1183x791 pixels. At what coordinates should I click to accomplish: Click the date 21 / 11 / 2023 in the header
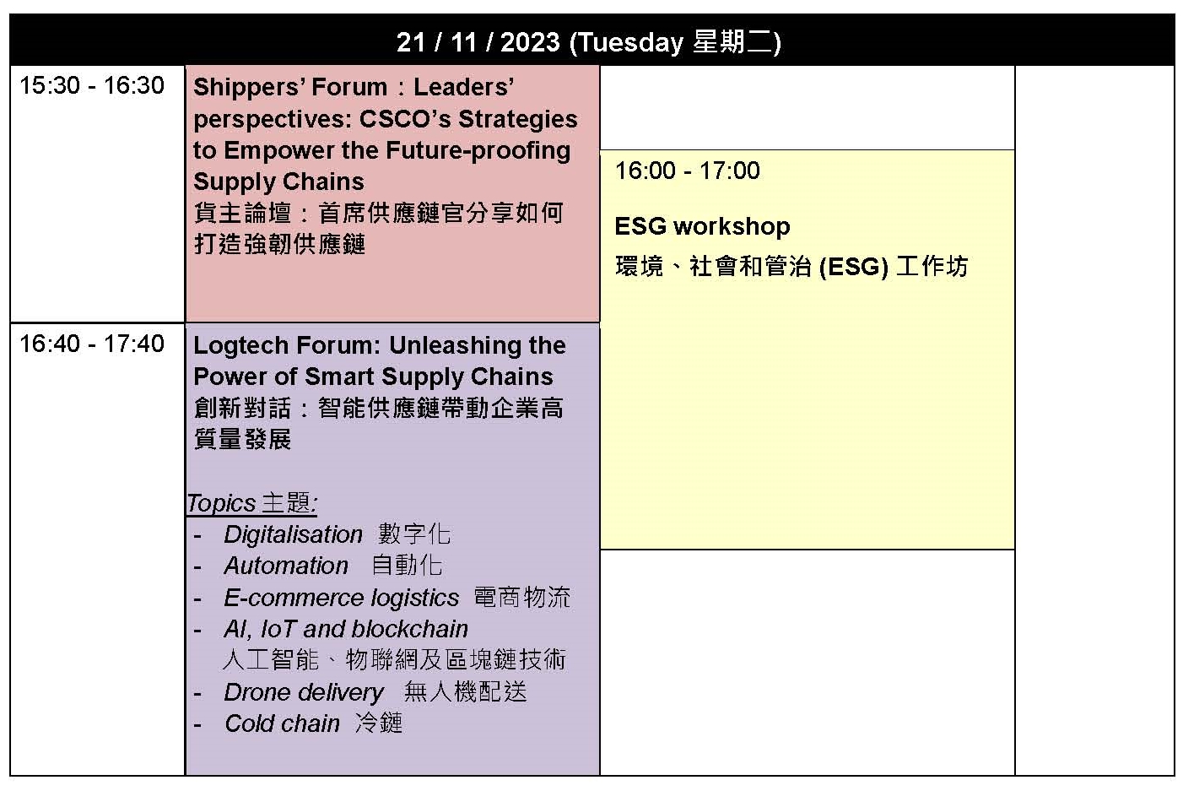478,42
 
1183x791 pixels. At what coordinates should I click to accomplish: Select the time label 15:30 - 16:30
92,85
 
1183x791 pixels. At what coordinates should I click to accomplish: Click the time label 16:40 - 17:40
92,344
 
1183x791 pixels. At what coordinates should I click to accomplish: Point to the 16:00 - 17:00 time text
687,171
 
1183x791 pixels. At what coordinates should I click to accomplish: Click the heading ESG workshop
702,227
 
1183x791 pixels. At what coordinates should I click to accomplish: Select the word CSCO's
405,119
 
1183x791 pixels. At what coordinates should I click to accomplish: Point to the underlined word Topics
221,504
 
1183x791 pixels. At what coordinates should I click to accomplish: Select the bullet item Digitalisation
293,535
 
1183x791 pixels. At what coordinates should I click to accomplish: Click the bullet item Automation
286,566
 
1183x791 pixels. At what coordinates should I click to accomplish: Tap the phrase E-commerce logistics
341,599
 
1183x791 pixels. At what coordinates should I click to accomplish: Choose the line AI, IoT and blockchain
346,629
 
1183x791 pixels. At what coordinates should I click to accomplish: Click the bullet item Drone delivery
304,693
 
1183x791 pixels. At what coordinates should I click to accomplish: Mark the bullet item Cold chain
282,724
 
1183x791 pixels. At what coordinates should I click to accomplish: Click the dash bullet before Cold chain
197,725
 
